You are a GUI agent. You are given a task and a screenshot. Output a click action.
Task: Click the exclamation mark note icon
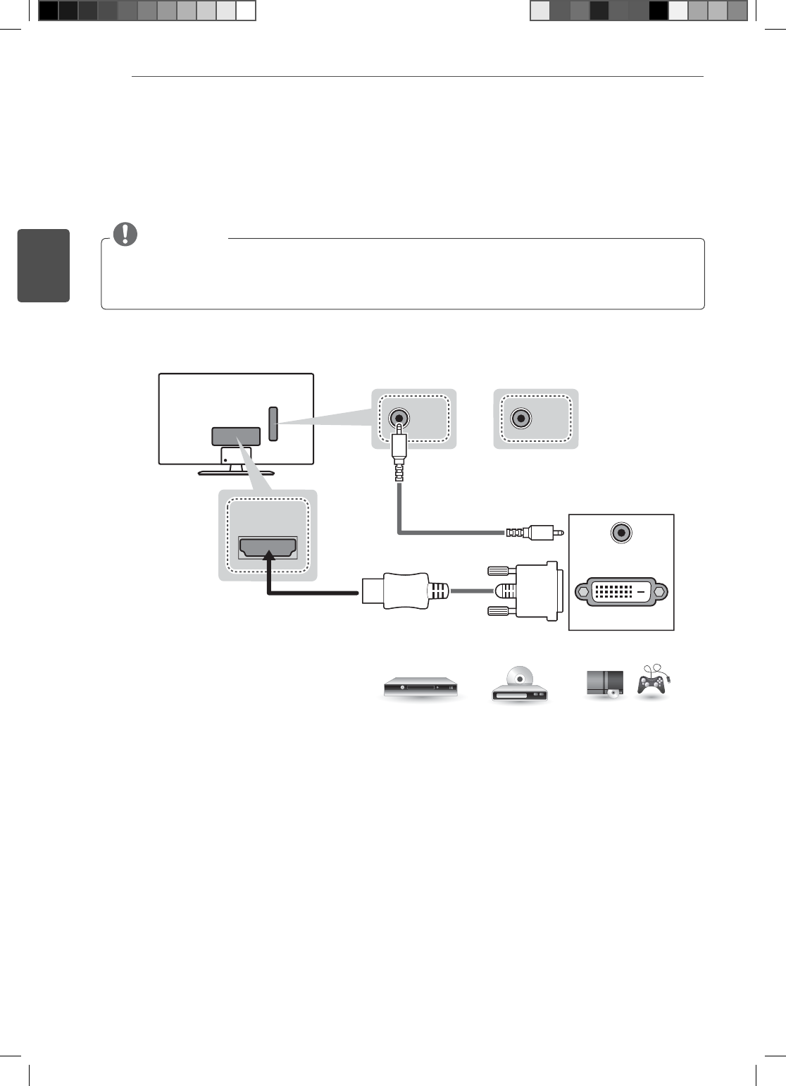click(125, 233)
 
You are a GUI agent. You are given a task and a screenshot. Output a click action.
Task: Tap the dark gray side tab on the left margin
click(44, 265)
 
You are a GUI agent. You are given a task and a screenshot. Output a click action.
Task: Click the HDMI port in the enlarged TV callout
click(268, 548)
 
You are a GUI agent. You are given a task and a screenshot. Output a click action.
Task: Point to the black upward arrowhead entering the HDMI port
click(268, 557)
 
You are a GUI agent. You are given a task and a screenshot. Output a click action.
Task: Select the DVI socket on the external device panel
click(620, 592)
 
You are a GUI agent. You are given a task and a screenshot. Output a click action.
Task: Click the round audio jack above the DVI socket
click(620, 533)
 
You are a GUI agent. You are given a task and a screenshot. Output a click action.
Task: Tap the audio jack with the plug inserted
click(399, 418)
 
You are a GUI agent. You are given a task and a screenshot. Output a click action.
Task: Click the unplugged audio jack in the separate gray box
click(520, 418)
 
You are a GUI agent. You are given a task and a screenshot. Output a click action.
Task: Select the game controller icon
click(652, 681)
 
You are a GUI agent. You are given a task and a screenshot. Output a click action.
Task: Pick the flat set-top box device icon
click(420, 686)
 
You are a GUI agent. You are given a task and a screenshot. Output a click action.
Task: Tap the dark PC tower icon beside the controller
click(604, 683)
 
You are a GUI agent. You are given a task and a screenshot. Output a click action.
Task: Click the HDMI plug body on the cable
click(394, 591)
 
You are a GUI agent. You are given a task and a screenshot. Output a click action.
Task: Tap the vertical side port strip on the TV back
click(273, 424)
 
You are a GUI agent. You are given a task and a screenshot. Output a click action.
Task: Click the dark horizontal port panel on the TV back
click(236, 436)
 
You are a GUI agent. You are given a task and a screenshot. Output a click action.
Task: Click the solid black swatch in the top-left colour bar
click(48, 11)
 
